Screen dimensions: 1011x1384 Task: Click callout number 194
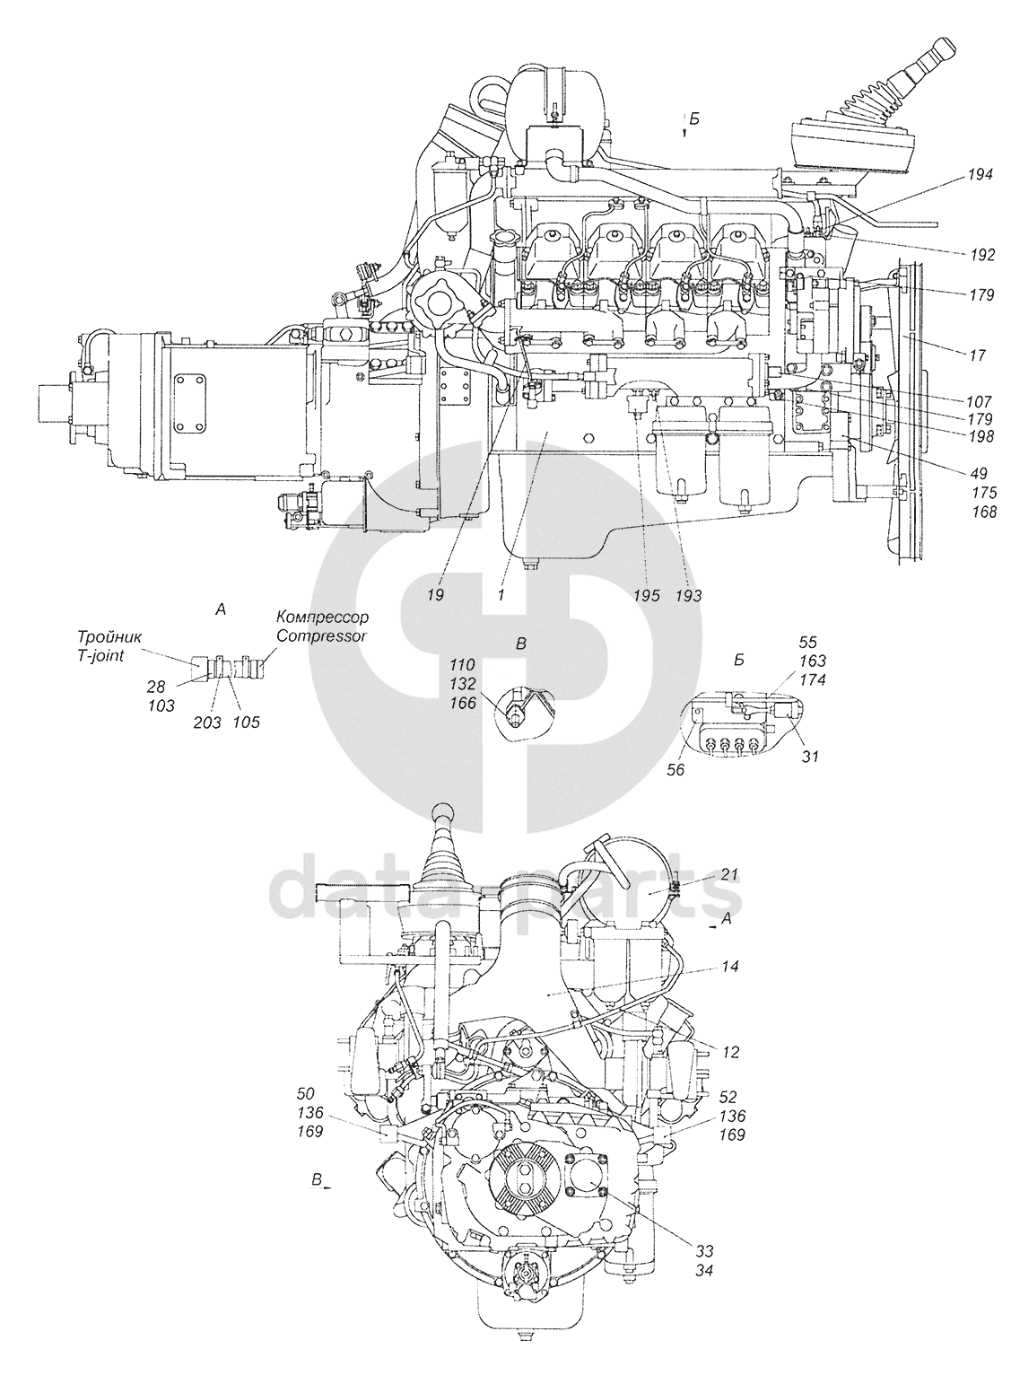coord(980,177)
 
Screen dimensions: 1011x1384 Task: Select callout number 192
coord(980,255)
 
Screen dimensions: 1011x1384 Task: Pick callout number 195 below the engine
coord(645,596)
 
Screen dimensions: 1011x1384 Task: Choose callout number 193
coord(689,596)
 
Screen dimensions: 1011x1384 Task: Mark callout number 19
coord(436,594)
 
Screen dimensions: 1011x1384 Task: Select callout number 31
coord(809,757)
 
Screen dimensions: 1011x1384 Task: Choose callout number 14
coord(730,968)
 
